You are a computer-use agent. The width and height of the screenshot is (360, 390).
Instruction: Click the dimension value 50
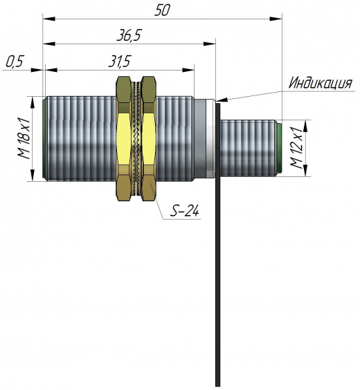click(x=162, y=10)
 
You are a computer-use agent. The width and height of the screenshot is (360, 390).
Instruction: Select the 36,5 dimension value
click(x=129, y=36)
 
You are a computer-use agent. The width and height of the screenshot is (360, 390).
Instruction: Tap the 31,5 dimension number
click(x=119, y=62)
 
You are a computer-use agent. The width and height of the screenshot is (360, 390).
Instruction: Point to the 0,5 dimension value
click(x=15, y=62)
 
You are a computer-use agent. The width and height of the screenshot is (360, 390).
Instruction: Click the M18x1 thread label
click(x=24, y=139)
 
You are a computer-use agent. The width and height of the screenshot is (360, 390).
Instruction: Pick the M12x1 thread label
click(x=297, y=148)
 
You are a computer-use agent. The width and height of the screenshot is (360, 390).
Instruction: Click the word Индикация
click(x=321, y=83)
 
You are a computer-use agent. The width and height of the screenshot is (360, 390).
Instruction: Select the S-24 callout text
click(x=184, y=211)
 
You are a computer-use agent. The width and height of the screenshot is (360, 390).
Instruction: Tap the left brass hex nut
click(x=124, y=138)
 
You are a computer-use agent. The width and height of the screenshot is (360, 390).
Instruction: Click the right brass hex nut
click(x=148, y=138)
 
